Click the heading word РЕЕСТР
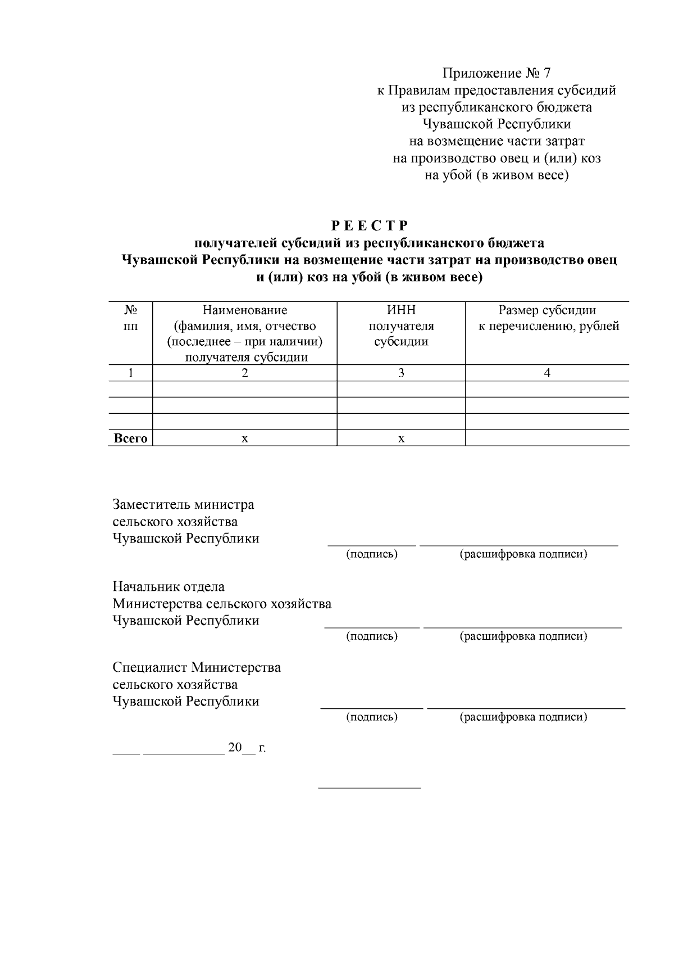pos(369,226)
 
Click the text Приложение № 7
pos(497,73)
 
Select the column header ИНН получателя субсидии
pos(401,326)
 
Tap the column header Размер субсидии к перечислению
pos(548,318)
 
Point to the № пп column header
pos(130,318)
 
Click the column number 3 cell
pos(401,373)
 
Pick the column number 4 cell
pos(547,373)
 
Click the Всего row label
pos(130,438)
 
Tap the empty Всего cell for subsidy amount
pos(547,438)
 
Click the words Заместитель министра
pos(183,504)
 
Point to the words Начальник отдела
pos(168,587)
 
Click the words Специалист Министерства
pos(197,668)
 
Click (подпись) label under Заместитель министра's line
pos(371,554)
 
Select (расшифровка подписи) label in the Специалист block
pos(523,717)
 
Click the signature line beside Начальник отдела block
pos(372,626)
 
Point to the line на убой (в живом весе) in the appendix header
pos(497,176)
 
